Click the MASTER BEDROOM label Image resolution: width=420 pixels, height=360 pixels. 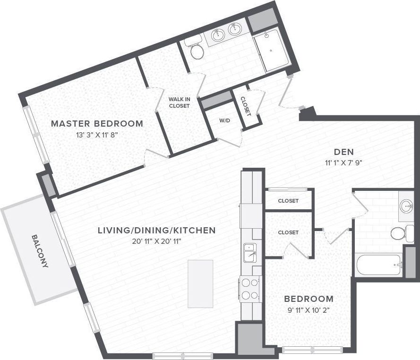97,124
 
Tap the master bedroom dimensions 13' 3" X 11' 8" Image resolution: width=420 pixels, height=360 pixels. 97,135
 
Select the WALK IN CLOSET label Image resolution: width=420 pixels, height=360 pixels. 179,103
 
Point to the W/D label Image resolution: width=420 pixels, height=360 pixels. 224,120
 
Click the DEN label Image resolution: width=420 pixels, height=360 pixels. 344,152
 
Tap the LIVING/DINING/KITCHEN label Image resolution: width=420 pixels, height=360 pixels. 156,231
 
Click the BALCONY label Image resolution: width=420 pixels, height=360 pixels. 40,251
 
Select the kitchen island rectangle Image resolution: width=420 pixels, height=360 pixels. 200,283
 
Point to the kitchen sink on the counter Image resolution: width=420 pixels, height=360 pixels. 249,252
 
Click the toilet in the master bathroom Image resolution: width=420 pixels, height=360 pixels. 197,51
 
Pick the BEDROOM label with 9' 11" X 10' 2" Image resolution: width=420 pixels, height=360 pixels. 309,299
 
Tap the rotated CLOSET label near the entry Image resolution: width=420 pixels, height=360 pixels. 245,106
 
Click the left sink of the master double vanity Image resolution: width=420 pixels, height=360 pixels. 218,34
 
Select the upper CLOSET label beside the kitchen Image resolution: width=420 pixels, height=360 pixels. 288,201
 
